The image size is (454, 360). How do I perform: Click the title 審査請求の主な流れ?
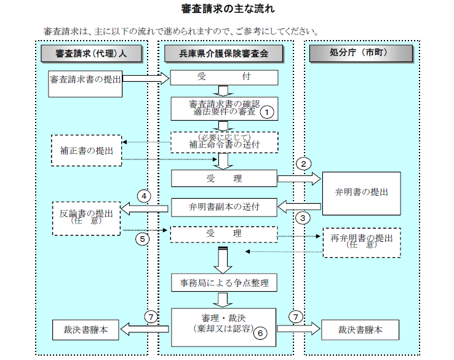click(x=228, y=9)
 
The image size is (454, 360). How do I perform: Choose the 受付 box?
click(x=224, y=78)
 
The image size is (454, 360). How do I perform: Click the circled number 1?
click(x=266, y=112)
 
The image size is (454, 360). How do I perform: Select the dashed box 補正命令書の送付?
click(x=224, y=141)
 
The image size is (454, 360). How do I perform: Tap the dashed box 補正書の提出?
click(x=86, y=150)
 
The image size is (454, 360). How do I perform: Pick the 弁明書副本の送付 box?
click(x=224, y=207)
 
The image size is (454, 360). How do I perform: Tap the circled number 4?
click(x=142, y=197)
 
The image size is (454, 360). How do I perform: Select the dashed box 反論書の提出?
click(x=86, y=217)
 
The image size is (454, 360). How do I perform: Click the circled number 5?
click(x=142, y=239)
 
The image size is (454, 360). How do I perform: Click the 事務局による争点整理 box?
click(x=224, y=283)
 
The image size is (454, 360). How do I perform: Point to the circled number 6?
click(x=261, y=333)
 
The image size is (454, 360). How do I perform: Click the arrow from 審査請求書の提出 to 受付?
click(x=145, y=78)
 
